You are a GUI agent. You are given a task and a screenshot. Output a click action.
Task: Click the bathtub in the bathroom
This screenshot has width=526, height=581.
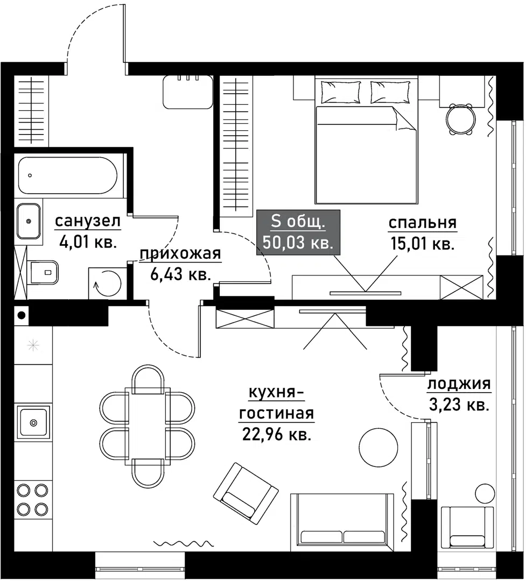pyautogui.click(x=67, y=175)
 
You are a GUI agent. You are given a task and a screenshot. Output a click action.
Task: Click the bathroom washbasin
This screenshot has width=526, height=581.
pyautogui.click(x=28, y=221)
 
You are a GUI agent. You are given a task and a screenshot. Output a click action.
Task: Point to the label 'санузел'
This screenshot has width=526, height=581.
pyautogui.click(x=87, y=222)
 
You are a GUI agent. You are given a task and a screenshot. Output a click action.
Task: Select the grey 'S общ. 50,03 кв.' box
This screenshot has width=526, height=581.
pyautogui.click(x=298, y=231)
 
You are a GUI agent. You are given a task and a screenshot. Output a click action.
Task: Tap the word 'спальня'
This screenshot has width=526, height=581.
pyautogui.click(x=422, y=223)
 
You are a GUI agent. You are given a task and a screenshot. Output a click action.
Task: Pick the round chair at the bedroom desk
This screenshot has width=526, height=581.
pyautogui.click(x=461, y=119)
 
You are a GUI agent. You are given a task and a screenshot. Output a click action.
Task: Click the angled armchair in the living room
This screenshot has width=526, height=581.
pyautogui.click(x=246, y=491)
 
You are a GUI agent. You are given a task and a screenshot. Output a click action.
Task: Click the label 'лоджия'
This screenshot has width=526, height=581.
pyautogui.click(x=459, y=384)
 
